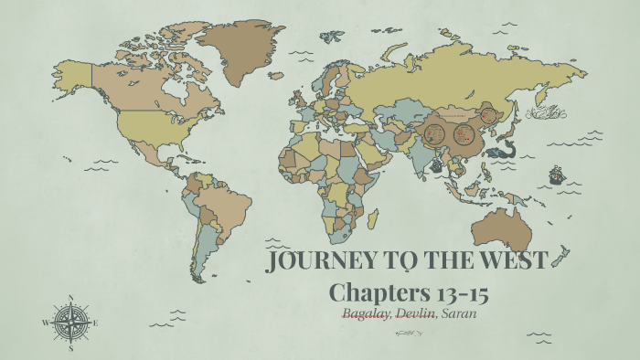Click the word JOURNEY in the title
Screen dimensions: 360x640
[315, 261]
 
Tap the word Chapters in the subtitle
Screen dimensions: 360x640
[375, 293]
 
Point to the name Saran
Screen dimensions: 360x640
[461, 313]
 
